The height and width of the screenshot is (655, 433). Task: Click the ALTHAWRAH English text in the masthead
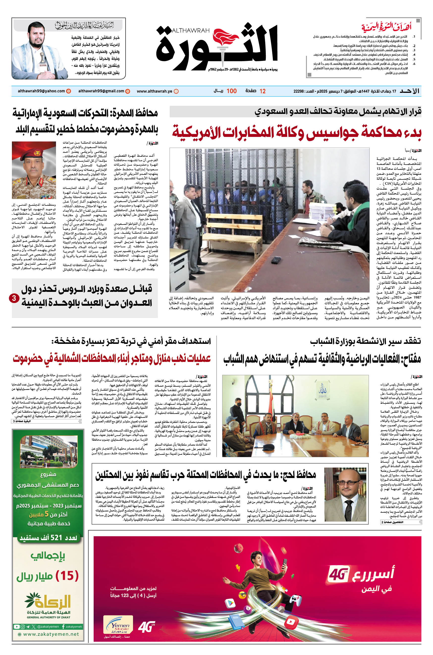click(x=190, y=30)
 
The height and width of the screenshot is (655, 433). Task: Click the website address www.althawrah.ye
click(x=154, y=91)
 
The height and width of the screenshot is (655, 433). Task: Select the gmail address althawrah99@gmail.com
click(x=101, y=91)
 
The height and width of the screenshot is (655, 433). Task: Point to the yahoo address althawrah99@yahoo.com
click(x=41, y=91)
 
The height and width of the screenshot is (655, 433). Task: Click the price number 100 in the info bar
click(x=231, y=91)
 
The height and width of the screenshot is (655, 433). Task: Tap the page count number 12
click(x=262, y=91)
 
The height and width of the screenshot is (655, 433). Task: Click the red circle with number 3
click(x=14, y=298)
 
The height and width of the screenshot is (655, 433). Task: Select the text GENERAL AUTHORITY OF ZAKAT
click(x=49, y=617)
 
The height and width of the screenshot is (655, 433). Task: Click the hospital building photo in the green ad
click(x=49, y=452)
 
